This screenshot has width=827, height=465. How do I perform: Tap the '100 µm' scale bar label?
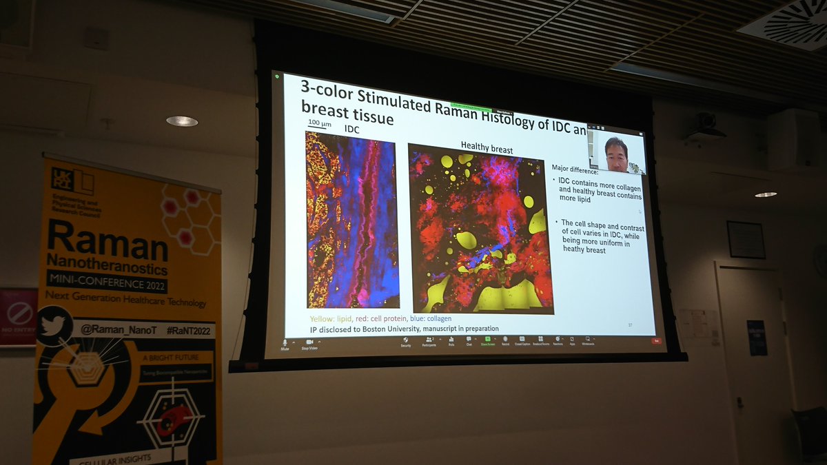click(318, 123)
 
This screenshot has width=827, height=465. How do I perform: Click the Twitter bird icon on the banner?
click(53, 325)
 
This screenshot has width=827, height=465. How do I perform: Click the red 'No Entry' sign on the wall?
click(17, 317)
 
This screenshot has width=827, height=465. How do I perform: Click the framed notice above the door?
click(746, 239)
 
